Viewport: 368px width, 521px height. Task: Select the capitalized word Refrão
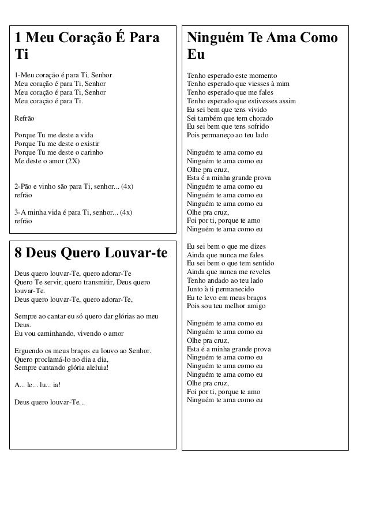(x=24, y=117)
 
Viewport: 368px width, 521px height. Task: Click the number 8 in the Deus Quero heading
(x=18, y=253)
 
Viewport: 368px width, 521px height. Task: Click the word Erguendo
(x=28, y=351)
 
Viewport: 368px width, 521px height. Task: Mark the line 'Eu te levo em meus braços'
(x=226, y=297)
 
